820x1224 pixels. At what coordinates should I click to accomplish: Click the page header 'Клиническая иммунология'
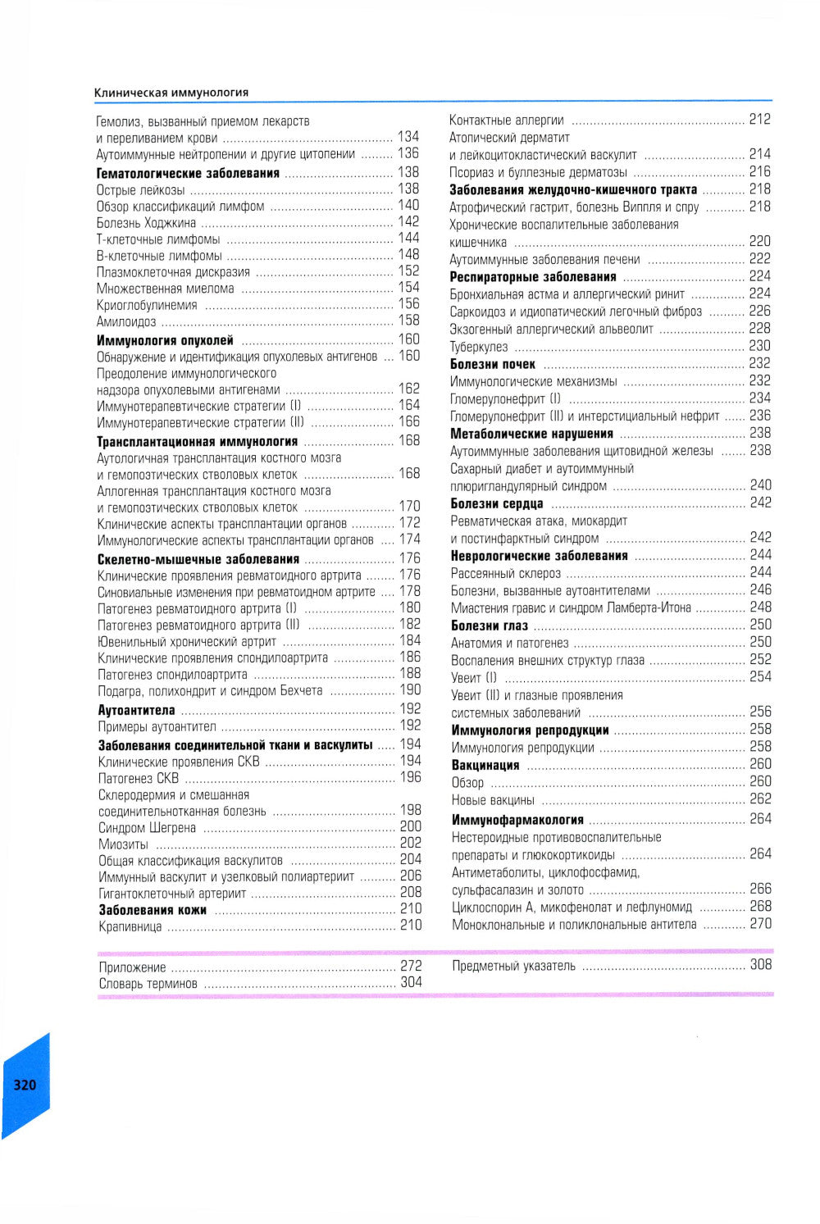tap(171, 93)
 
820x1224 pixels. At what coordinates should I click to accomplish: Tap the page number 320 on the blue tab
tap(25, 1085)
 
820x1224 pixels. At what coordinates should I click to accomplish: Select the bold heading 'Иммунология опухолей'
tap(165, 340)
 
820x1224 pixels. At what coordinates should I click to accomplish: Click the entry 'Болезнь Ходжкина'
tap(146, 222)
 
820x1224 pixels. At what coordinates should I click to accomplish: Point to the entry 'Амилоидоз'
tap(126, 322)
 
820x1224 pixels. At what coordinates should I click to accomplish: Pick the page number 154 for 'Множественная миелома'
tap(408, 288)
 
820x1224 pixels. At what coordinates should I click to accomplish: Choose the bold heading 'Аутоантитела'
tap(136, 710)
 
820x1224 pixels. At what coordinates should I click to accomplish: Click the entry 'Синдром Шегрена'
tap(147, 828)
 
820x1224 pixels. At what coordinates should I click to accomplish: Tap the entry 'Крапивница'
tap(130, 927)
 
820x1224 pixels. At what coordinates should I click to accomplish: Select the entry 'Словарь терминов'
tap(148, 984)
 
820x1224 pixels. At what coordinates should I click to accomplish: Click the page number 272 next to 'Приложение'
tap(411, 966)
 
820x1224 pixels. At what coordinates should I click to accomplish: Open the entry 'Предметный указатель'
tap(513, 966)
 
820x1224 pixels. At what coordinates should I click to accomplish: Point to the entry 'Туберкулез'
tap(479, 347)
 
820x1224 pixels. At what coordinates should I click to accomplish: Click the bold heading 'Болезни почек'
tap(493, 364)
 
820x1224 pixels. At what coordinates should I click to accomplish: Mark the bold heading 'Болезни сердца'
tap(497, 503)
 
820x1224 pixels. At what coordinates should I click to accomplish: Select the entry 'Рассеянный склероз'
tap(506, 573)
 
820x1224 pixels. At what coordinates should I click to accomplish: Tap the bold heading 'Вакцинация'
tap(485, 765)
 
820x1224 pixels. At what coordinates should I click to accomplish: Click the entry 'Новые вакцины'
tap(493, 799)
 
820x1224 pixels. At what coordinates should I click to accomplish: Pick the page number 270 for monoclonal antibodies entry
tap(760, 923)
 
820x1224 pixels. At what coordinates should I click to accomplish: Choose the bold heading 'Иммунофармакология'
tap(517, 819)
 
